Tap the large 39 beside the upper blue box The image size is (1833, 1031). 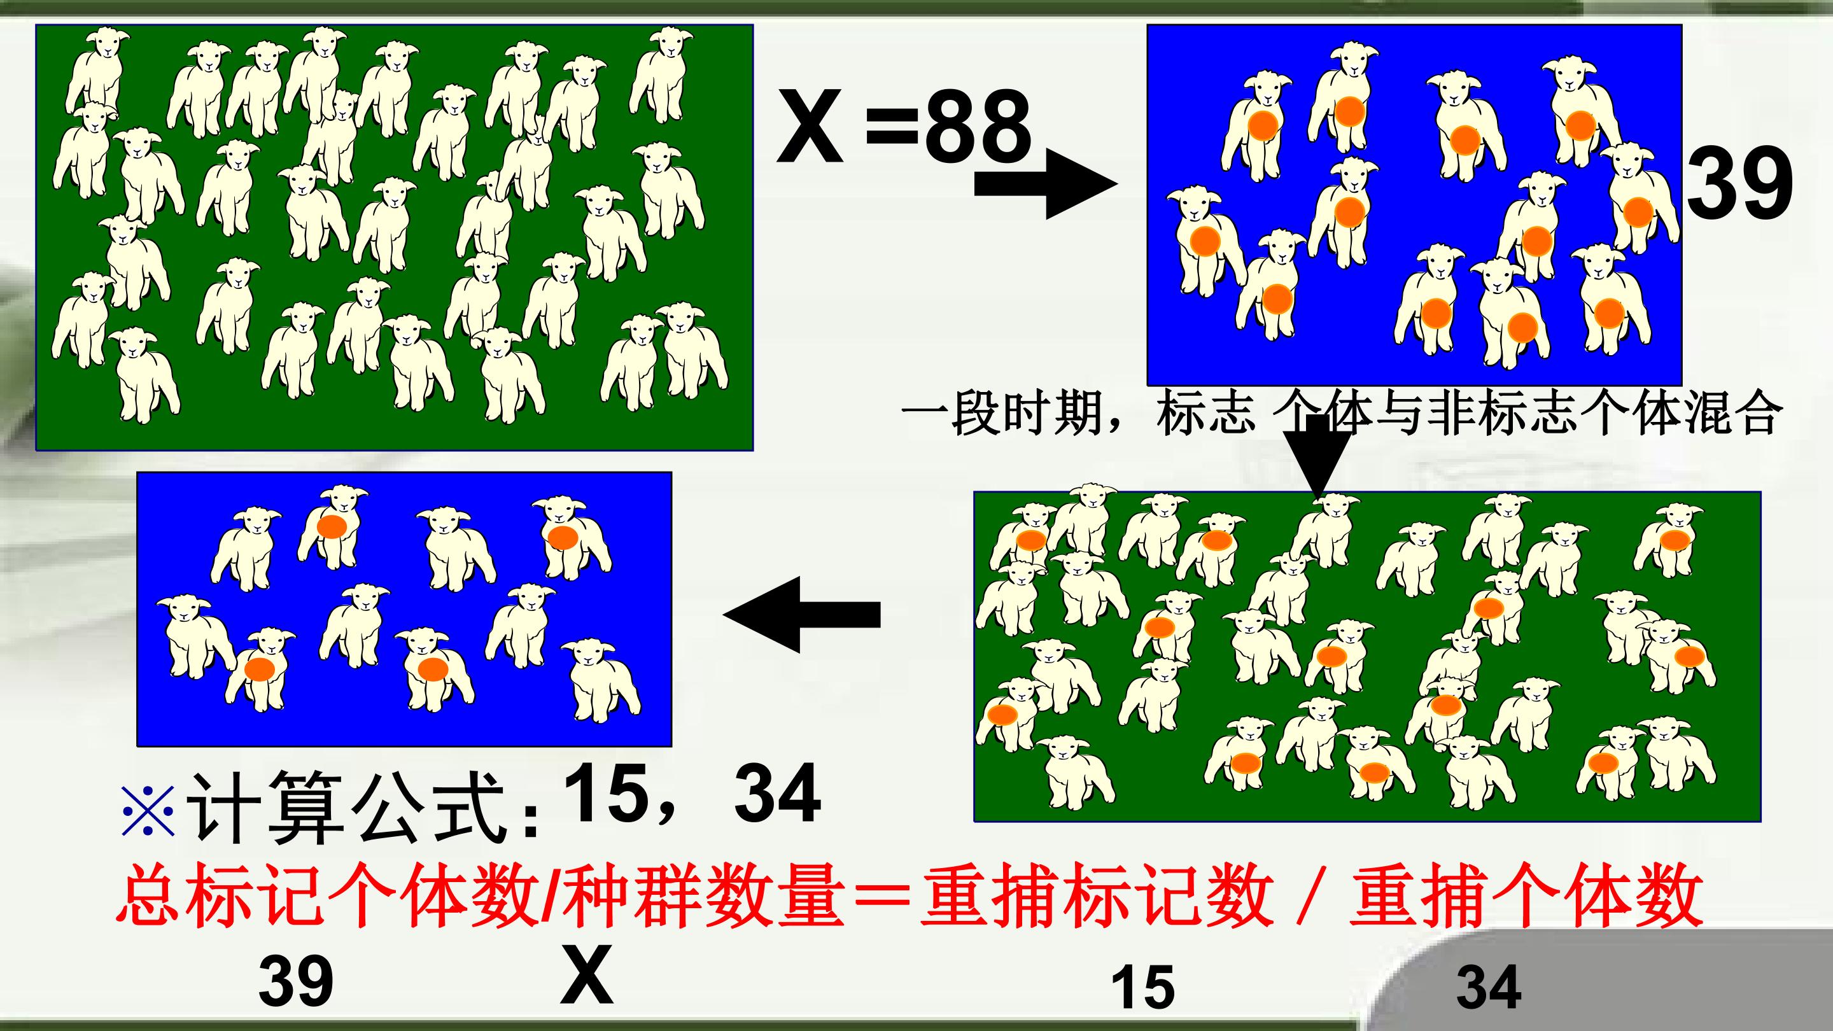tap(1740, 183)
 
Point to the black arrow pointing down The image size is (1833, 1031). tap(1318, 456)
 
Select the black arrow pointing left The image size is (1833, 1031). tap(802, 614)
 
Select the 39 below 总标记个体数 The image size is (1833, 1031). tap(296, 981)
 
